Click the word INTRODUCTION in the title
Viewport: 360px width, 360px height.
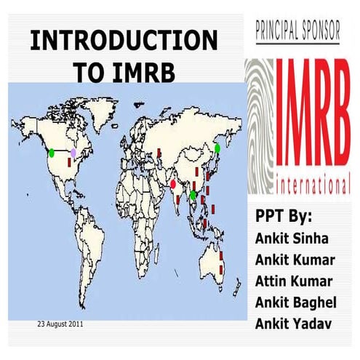(123, 41)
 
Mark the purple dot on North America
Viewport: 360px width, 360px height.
(73, 152)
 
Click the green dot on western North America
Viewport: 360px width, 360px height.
(52, 153)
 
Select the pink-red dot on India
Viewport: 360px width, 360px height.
(173, 185)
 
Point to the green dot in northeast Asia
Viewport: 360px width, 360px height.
(217, 148)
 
